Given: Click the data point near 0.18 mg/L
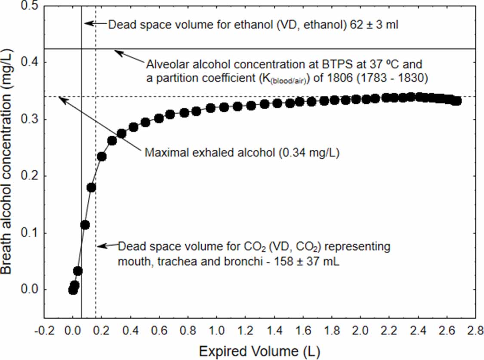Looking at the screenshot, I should tap(91, 188).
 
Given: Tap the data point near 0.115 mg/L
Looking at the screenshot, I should tap(85, 225).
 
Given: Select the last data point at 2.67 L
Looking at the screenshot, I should tap(457, 101).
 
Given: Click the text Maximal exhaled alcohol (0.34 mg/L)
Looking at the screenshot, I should tap(242, 153).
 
